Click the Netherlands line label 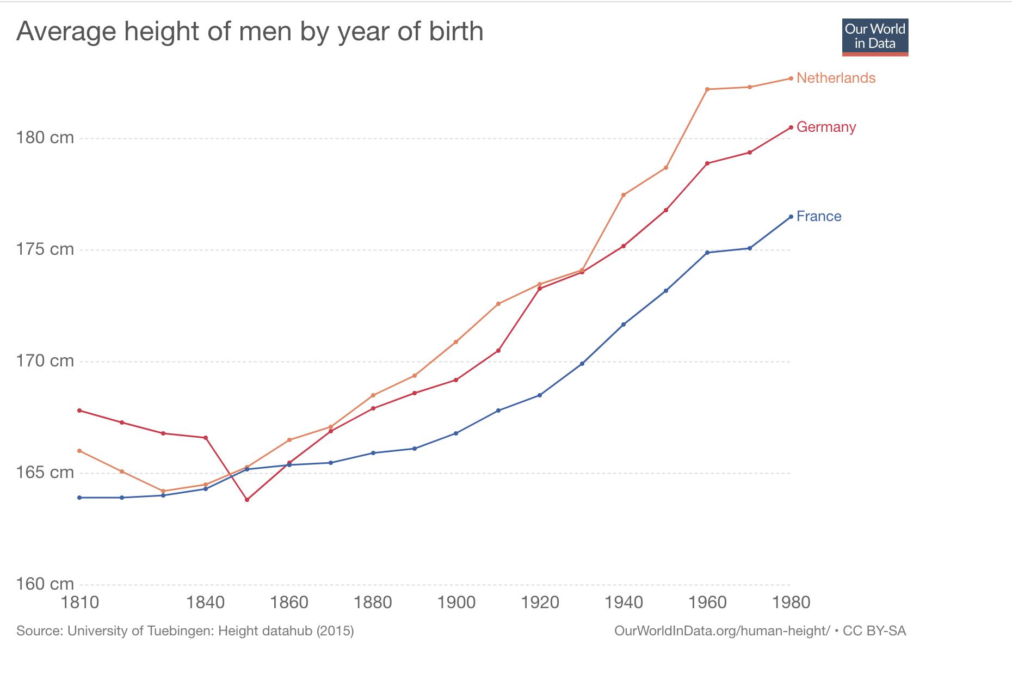836,78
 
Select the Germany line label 826,127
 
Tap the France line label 818,216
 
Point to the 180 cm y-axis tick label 45,138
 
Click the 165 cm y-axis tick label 45,472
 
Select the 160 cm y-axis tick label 45,584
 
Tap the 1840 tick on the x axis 205,603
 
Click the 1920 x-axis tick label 540,603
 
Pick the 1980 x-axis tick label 791,603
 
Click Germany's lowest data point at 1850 247,500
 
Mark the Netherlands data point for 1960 707,89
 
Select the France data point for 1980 791,217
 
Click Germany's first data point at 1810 80,411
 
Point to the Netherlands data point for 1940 624,195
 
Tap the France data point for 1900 456,433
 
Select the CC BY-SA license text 874,631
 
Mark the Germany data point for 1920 540,289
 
